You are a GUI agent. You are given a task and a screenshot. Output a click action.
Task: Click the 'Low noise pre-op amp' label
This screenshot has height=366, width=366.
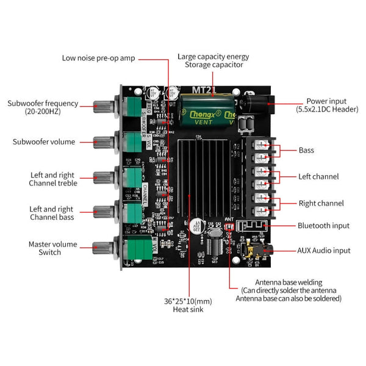click(x=98, y=59)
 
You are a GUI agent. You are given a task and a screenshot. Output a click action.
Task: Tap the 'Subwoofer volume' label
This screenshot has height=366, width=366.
click(x=44, y=142)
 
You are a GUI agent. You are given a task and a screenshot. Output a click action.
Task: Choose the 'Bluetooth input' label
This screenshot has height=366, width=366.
click(x=323, y=226)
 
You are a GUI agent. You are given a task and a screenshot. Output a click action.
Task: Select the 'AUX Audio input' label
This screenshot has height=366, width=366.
click(x=323, y=250)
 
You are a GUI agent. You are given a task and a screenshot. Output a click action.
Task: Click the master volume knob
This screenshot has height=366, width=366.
click(x=101, y=248)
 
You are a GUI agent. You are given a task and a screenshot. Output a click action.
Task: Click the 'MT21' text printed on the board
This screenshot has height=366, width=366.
click(x=203, y=88)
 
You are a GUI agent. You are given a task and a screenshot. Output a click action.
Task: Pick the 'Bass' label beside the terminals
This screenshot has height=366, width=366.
click(x=306, y=150)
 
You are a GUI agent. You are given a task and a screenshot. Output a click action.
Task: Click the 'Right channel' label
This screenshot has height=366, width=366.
click(x=320, y=203)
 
